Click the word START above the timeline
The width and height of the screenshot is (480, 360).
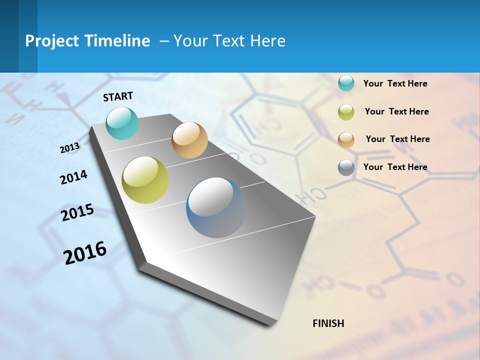[x=118, y=96]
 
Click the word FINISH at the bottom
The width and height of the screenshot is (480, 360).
[x=328, y=323]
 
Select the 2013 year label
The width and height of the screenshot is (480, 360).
[x=70, y=148]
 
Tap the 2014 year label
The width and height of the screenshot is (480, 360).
[x=73, y=177]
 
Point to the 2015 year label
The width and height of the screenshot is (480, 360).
[x=77, y=212]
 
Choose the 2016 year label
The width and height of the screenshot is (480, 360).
[x=85, y=252]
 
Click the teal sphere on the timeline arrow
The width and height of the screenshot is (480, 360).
[x=122, y=123]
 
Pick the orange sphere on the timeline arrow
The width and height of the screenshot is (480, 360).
[x=189, y=140]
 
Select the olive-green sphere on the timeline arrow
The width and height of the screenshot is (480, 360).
[x=145, y=180]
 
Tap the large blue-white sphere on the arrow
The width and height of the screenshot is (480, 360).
[x=216, y=207]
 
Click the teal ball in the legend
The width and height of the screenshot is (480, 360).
[x=346, y=83]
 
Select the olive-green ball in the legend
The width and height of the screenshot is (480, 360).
[x=346, y=111]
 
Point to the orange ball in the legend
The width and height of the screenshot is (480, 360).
[x=346, y=139]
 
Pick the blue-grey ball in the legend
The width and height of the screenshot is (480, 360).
[x=346, y=167]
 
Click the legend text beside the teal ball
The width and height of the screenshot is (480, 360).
[x=395, y=84]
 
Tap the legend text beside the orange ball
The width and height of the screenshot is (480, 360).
[x=397, y=139]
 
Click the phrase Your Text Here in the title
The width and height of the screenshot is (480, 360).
[x=229, y=41]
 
